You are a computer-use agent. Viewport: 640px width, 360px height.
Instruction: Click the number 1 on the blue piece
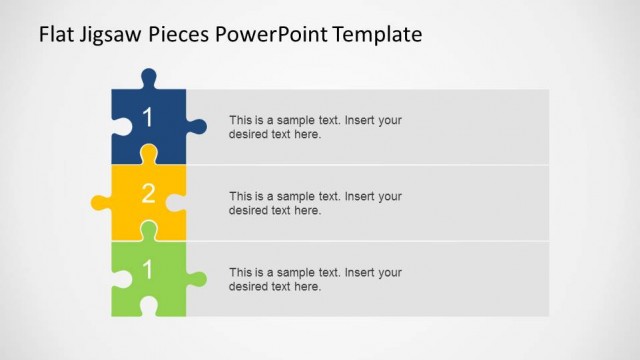(148, 118)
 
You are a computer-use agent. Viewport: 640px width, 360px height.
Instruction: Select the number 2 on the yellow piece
(148, 194)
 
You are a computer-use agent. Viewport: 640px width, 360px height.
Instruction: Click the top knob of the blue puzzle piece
(149, 77)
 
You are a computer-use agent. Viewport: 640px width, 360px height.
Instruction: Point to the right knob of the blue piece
(198, 127)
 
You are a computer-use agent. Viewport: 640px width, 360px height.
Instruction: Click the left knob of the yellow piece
(100, 203)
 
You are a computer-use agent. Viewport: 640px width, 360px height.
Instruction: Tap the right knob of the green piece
(198, 279)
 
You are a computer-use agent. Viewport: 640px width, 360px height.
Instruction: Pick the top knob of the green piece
(149, 229)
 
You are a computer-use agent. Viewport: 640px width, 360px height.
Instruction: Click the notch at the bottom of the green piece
(149, 307)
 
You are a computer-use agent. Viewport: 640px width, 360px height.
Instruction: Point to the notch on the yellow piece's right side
(178, 203)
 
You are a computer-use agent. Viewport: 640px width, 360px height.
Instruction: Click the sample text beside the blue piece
(315, 127)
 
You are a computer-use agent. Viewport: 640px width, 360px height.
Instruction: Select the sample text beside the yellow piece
(315, 203)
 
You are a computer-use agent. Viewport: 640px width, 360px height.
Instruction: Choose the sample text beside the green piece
(315, 279)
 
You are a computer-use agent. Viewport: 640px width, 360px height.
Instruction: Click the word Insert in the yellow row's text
(360, 196)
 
